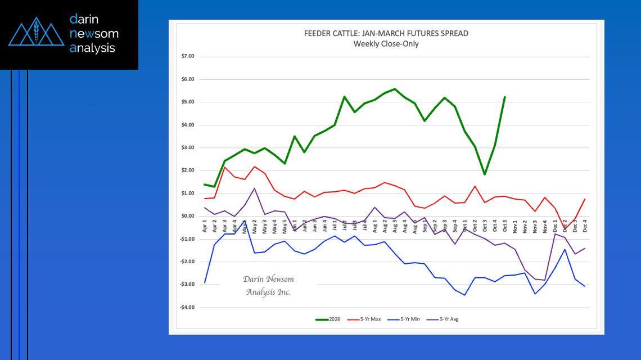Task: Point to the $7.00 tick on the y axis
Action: (187, 57)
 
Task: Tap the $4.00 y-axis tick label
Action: (187, 125)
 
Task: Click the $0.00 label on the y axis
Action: (187, 216)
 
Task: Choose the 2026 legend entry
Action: (327, 319)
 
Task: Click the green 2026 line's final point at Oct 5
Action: (504, 97)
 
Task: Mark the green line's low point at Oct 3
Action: (485, 174)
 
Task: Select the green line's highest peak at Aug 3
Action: (395, 89)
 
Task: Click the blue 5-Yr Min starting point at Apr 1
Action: (205, 282)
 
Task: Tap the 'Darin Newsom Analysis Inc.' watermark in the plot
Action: (268, 286)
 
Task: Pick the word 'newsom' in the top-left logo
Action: (94, 34)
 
